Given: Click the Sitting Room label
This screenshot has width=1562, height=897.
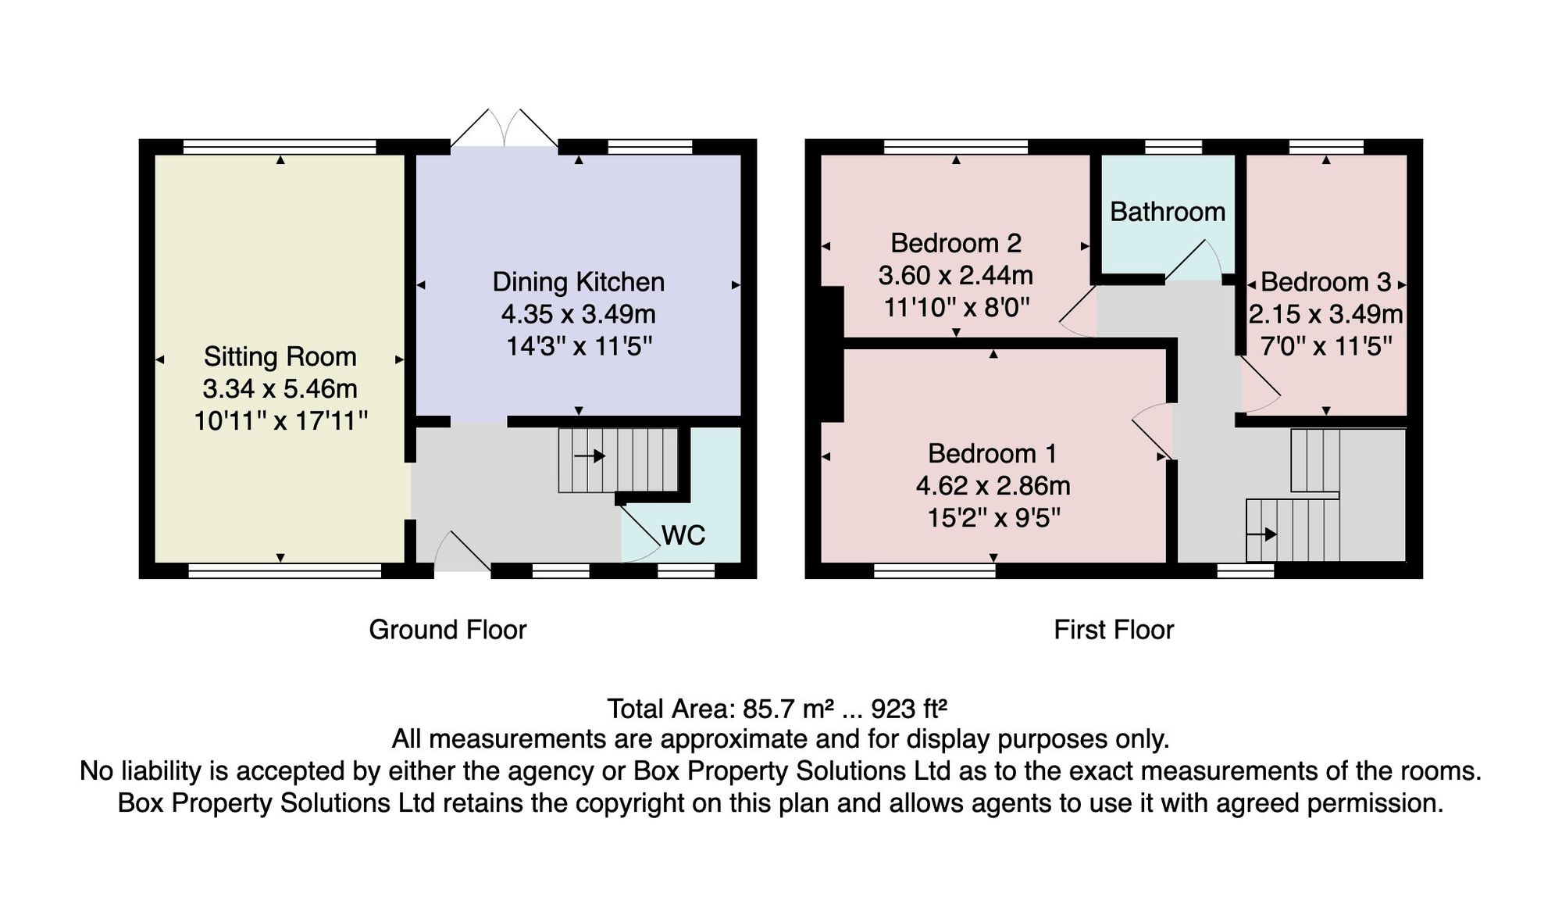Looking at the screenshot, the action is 280,356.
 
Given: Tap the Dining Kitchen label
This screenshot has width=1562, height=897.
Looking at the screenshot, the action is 578,282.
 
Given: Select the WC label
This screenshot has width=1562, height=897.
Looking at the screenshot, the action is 683,535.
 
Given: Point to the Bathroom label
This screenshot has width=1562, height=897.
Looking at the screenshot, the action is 1168,212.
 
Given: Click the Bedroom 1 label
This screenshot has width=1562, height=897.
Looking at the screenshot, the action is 992,453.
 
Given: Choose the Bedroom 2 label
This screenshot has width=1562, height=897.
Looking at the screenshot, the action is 956,243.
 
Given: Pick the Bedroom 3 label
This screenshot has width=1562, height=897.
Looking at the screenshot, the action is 1326,282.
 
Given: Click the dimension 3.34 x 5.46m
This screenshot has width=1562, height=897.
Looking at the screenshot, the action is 280,388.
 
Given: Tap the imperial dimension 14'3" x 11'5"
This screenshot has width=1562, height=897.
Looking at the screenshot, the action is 579,345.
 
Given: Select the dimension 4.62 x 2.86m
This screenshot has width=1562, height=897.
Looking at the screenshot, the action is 993,486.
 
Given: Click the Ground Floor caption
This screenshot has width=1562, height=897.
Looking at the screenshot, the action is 448,630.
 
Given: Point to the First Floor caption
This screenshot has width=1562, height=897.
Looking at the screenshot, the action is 1114,630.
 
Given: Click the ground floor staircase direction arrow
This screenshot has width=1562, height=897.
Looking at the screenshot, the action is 590,456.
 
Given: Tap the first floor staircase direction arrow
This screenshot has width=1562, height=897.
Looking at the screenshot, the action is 1261,534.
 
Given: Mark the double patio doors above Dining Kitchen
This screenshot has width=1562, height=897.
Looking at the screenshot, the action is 505,127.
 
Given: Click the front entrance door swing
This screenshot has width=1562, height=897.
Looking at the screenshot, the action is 462,550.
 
